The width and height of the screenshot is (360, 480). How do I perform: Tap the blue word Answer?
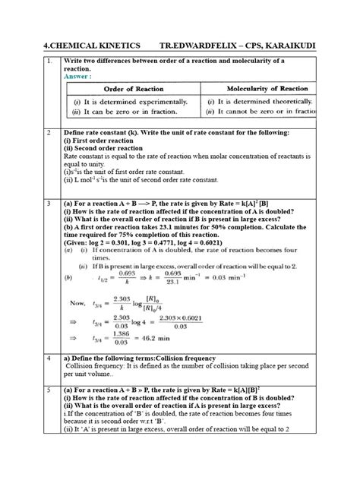pyautogui.click(x=78, y=76)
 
